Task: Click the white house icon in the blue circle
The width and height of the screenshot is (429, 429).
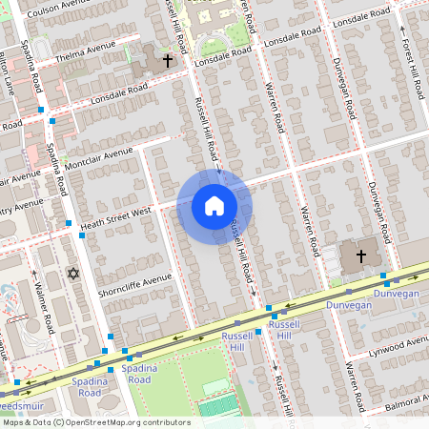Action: pyautogui.click(x=214, y=206)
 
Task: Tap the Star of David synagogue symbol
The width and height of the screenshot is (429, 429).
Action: pyautogui.click(x=72, y=274)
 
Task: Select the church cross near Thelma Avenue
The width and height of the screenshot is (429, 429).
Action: pyautogui.click(x=168, y=60)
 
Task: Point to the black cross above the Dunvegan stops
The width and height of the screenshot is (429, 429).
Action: pyautogui.click(x=361, y=255)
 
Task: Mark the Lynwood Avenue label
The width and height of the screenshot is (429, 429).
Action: pyautogui.click(x=399, y=341)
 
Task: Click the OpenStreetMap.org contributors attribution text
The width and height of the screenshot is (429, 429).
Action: pyautogui.click(x=95, y=422)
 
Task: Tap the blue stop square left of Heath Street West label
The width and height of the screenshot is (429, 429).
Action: pyautogui.click(x=69, y=223)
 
